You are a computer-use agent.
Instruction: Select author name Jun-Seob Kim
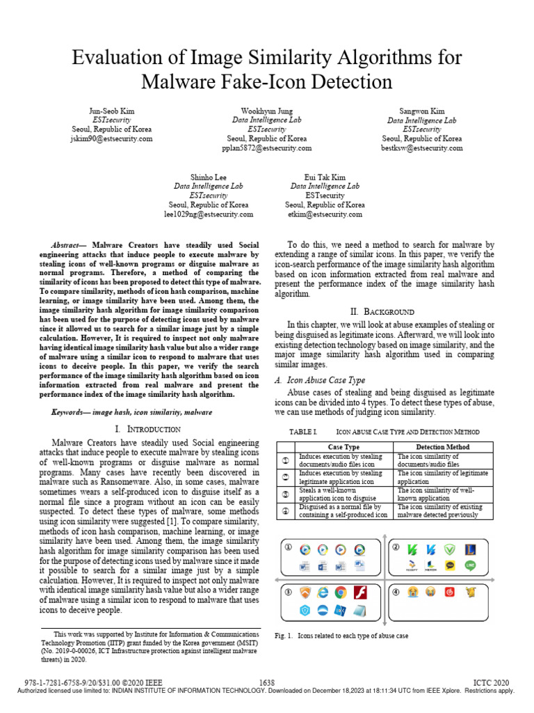(x=112, y=111)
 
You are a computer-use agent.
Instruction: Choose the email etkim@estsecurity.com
(x=325, y=214)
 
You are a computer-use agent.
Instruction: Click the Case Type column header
(x=343, y=446)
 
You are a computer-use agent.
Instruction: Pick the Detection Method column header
(x=442, y=446)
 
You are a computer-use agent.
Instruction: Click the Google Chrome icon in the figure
(x=341, y=593)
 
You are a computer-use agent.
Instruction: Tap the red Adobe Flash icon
(x=361, y=593)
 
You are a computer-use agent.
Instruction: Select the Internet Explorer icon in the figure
(x=323, y=593)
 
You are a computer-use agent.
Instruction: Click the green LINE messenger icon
(x=470, y=565)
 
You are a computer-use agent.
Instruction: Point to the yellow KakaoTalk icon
(x=451, y=565)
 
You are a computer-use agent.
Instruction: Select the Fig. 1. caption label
(x=282, y=636)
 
